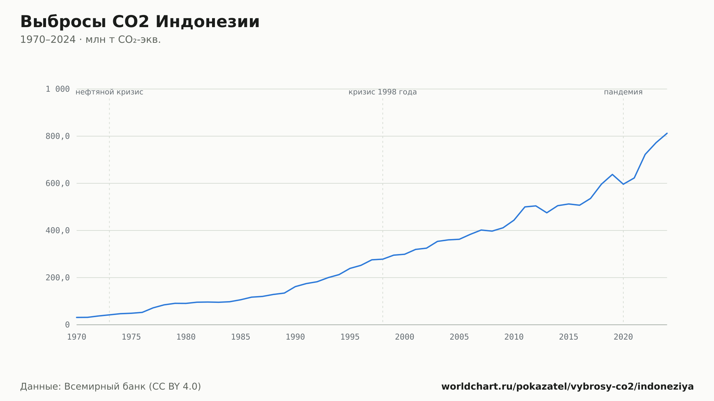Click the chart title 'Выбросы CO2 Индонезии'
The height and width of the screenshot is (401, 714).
[140, 22]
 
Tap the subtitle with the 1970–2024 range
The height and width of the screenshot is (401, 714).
[90, 40]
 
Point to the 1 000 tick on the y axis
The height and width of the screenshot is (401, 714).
[57, 89]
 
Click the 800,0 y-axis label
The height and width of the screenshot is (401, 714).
[57, 136]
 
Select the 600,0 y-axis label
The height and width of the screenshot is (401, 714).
[57, 183]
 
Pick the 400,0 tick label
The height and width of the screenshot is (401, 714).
[57, 230]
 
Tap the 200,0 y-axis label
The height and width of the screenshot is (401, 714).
[57, 278]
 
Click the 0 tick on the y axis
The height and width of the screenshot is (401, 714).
[67, 325]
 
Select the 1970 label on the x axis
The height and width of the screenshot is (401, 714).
[77, 337]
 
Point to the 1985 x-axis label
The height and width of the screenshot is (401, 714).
[241, 337]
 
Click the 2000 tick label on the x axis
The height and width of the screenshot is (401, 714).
[404, 337]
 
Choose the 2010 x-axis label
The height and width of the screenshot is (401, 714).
[514, 337]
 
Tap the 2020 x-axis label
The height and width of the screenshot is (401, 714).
[623, 337]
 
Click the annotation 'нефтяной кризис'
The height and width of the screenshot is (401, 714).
[109, 92]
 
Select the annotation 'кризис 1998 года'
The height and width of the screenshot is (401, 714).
[383, 92]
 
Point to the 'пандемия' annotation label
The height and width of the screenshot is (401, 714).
[623, 92]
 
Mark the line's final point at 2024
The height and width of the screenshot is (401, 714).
[667, 133]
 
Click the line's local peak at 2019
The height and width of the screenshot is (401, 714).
[612, 174]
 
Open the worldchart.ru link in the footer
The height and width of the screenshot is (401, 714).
[568, 387]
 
